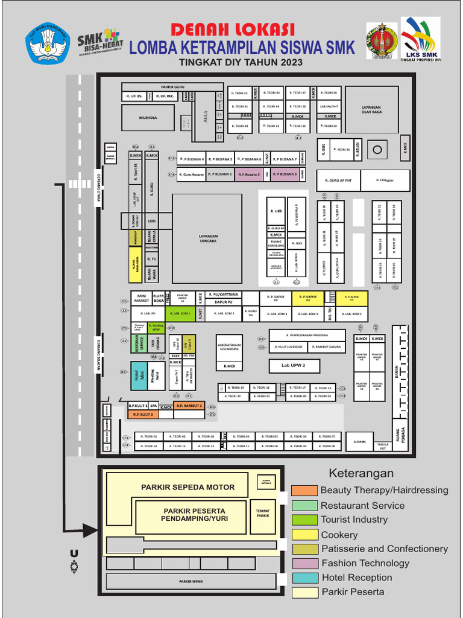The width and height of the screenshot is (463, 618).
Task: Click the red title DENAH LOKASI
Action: [x=232, y=29]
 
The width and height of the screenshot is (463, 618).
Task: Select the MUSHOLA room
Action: [x=148, y=118]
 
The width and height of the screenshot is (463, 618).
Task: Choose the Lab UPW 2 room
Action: [x=294, y=366]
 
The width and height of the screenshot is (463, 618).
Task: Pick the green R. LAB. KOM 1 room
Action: [x=180, y=314]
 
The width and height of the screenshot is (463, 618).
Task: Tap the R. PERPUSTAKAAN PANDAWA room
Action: [x=307, y=336]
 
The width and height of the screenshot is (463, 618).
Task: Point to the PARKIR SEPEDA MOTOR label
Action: [x=188, y=487]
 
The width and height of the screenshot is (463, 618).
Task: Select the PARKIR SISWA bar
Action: [x=191, y=581]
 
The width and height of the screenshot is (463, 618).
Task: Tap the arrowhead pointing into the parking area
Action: [x=90, y=530]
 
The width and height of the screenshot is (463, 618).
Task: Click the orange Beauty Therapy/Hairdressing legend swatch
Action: [x=304, y=491]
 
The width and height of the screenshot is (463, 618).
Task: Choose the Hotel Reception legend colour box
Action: [x=304, y=578]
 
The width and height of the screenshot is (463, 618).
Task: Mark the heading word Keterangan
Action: [x=361, y=473]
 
